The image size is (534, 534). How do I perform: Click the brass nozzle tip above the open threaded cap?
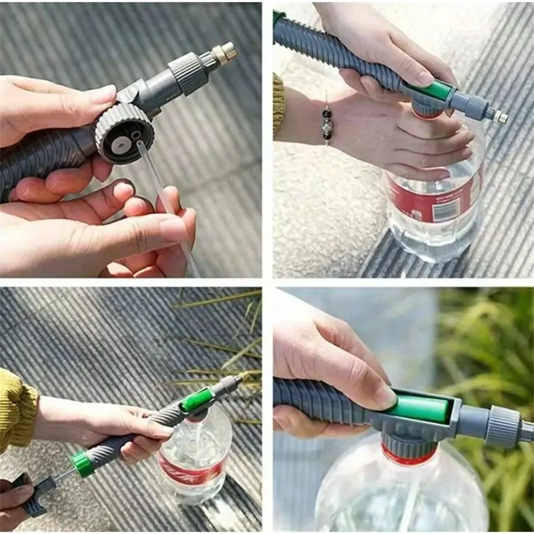pos(226,52)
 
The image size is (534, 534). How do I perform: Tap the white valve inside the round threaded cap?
pos(121,142)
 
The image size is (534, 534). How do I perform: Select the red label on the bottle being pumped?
pos(190,471)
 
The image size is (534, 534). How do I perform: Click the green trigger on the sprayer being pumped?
pos(198,400)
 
